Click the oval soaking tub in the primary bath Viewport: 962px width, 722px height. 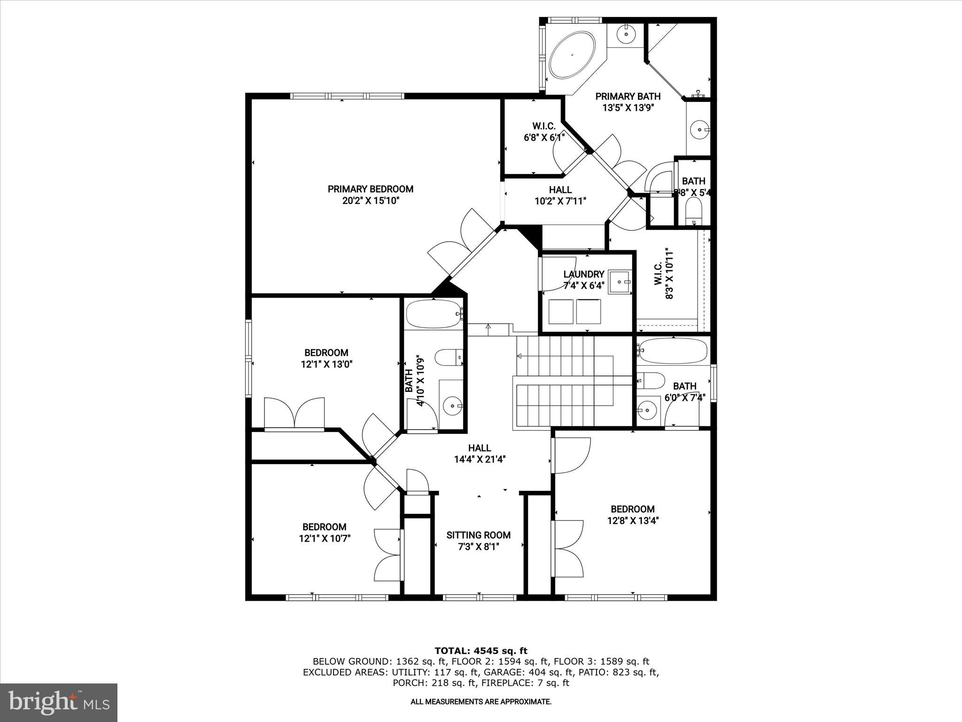573,55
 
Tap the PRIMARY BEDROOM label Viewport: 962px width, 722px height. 370,189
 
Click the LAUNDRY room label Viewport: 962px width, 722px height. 583,274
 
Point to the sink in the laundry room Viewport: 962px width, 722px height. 620,282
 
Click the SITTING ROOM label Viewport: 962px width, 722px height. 478,535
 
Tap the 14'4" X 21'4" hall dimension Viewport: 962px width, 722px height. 479,460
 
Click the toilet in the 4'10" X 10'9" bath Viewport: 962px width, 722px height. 449,358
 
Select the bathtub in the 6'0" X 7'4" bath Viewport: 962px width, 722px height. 673,351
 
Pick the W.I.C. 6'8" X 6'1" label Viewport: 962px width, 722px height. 544,132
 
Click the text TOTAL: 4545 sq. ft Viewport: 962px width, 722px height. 481,651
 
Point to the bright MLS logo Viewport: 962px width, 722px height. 59,703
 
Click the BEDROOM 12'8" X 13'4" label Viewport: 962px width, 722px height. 632,515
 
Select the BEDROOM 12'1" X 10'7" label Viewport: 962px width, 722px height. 324,533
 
